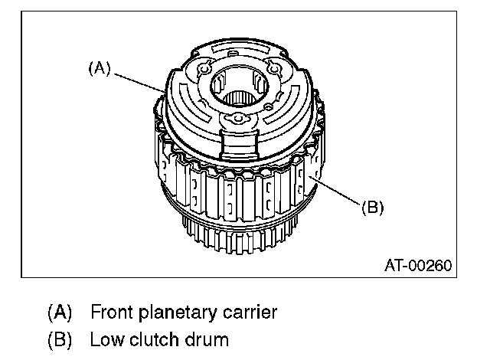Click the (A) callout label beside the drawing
(x=100, y=68)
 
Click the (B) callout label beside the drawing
(x=373, y=207)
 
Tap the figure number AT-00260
(x=418, y=266)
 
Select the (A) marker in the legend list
(x=60, y=313)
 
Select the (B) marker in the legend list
(x=60, y=339)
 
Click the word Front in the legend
(x=112, y=312)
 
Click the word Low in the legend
(x=107, y=339)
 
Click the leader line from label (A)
(x=139, y=83)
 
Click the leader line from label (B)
(x=335, y=191)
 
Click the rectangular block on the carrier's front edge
(x=240, y=144)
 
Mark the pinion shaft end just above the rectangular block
(x=238, y=119)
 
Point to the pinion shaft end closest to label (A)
(x=204, y=68)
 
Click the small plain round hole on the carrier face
(x=268, y=107)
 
